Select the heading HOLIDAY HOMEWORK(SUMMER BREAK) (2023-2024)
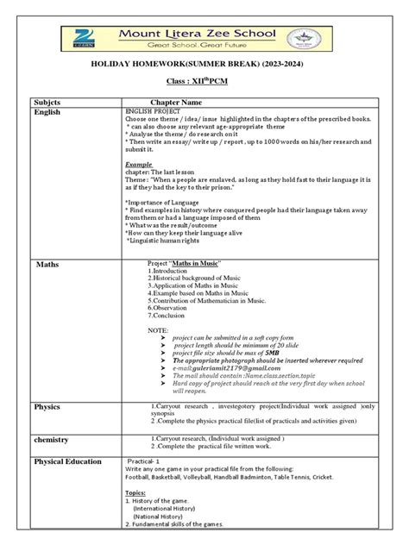(204, 66)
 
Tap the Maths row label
(47, 263)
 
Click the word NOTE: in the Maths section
(159, 330)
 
